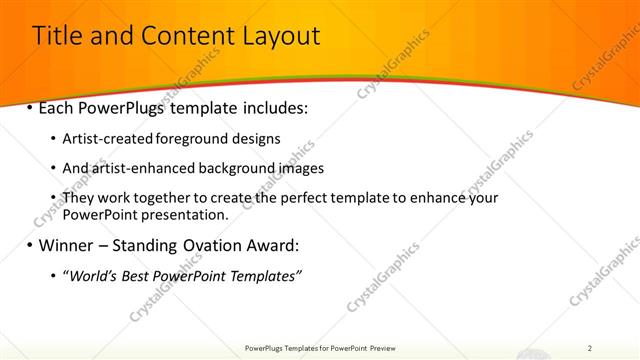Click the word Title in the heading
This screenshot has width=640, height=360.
(58, 37)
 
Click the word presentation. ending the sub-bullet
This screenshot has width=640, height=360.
(187, 215)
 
